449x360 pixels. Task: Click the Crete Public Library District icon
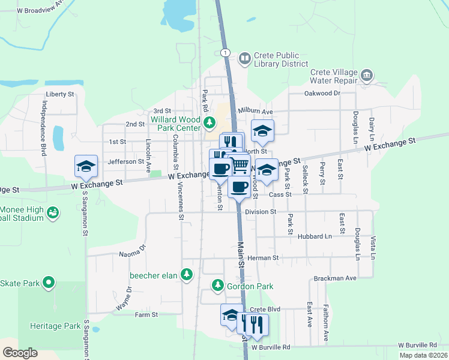[244, 59]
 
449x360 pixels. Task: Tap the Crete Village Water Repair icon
[367, 76]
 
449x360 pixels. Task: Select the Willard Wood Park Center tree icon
[209, 124]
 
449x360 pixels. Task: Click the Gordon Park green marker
[218, 286]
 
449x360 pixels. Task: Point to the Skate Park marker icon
[49, 282]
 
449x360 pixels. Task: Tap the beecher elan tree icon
[187, 275]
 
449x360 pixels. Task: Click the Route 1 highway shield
[224, 53]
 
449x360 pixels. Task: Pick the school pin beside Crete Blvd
[231, 315]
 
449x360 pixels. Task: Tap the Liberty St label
[59, 94]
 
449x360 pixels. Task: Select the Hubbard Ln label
[315, 237]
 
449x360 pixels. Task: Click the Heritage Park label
[55, 326]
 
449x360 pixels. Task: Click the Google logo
[20, 353]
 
